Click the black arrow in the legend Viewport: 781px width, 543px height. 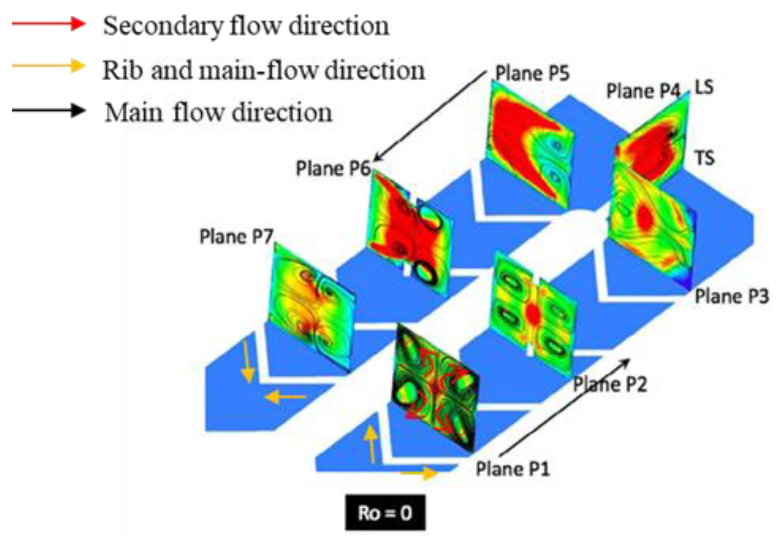pyautogui.click(x=49, y=111)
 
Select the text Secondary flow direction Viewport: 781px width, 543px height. pyautogui.click(x=246, y=25)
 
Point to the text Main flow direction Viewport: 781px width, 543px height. pyautogui.click(x=218, y=112)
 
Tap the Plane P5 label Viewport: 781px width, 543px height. pyautogui.click(x=532, y=73)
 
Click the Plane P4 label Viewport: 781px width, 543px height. pyautogui.click(x=643, y=91)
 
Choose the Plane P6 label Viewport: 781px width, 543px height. pyautogui.click(x=332, y=169)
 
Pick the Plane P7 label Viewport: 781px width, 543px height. pyautogui.click(x=236, y=237)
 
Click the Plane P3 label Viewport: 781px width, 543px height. pyautogui.click(x=732, y=296)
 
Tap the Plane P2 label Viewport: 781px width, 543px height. pyautogui.click(x=610, y=384)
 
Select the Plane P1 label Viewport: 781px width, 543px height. pyautogui.click(x=513, y=468)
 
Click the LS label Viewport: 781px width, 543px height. pyautogui.click(x=703, y=87)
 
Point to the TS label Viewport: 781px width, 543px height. pyautogui.click(x=705, y=158)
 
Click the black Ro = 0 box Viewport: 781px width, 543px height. pyautogui.click(x=385, y=512)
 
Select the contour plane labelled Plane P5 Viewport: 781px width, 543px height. pyautogui.click(x=529, y=144)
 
